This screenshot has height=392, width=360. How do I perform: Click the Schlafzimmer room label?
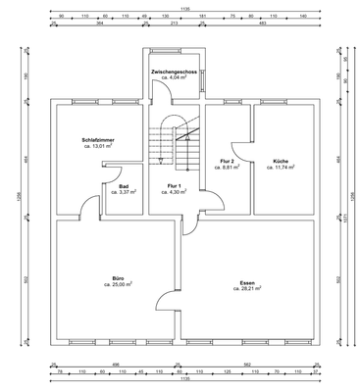point(98,141)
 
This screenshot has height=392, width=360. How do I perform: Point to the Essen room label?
point(247,282)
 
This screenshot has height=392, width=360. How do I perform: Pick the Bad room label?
point(124,185)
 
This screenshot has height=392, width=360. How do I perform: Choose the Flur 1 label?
point(174,185)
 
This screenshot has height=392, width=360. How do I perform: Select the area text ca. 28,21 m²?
point(247,289)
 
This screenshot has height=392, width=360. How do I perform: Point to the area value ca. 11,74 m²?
point(280,169)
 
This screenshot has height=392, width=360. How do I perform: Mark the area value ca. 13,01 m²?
point(98,148)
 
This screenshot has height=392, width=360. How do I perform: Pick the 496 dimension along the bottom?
point(117,364)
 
